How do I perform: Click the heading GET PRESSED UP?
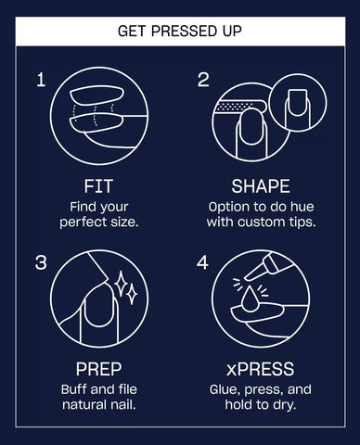(x=180, y=31)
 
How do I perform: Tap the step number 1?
(x=41, y=80)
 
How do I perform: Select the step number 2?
(x=203, y=80)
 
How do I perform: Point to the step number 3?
(x=41, y=262)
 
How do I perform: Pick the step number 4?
(x=202, y=262)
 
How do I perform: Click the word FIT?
(x=98, y=186)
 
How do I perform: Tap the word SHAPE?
(x=261, y=186)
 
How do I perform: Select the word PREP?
(x=98, y=369)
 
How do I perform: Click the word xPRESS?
(x=260, y=369)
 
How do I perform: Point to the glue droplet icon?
(x=249, y=299)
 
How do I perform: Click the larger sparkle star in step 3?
(x=121, y=283)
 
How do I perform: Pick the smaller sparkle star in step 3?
(x=133, y=294)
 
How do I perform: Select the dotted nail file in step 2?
(x=239, y=108)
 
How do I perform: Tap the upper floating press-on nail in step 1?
(x=96, y=96)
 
